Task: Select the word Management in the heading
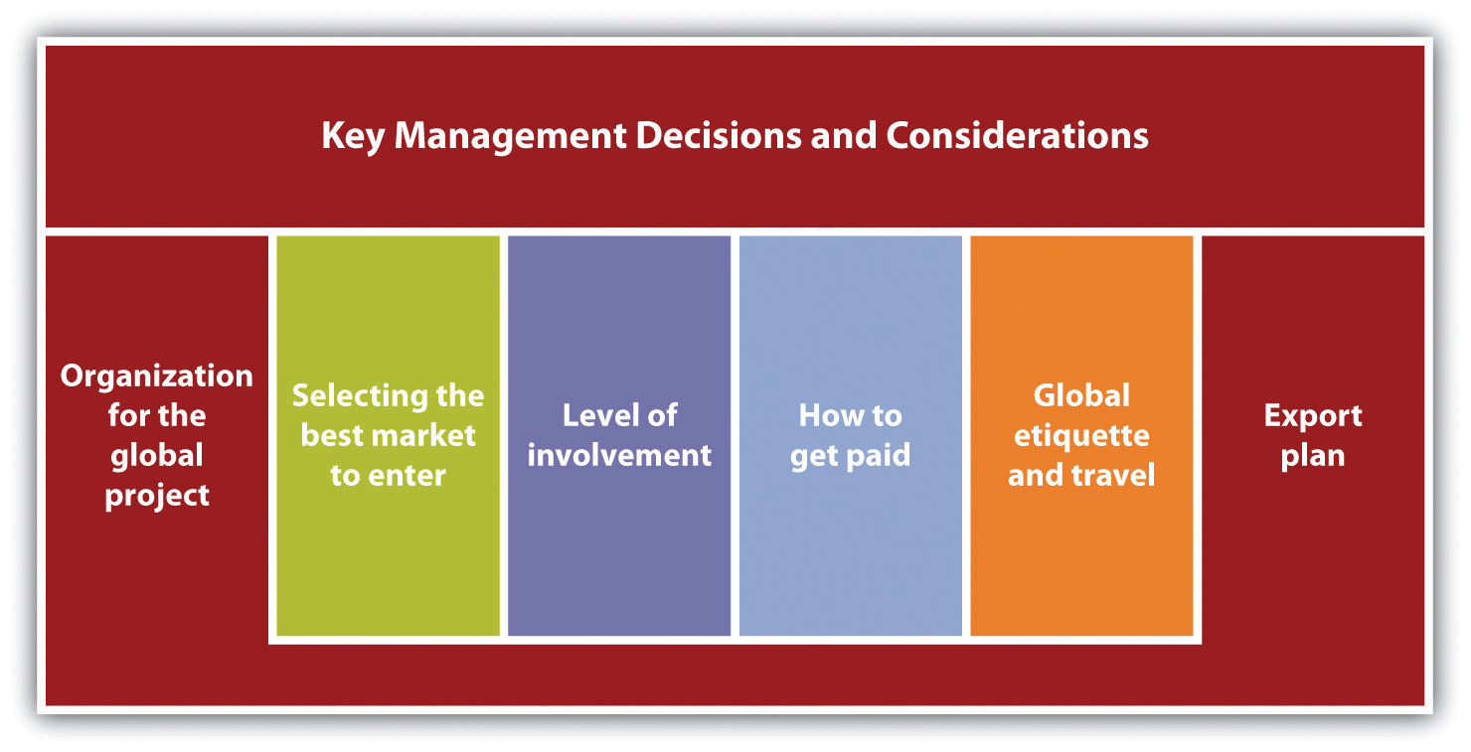click(x=510, y=136)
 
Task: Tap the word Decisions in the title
click(x=719, y=135)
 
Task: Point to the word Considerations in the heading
click(x=1017, y=135)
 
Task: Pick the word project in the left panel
click(x=157, y=496)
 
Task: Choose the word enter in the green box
click(x=408, y=476)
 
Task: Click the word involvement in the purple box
click(x=619, y=455)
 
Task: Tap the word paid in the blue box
click(x=878, y=455)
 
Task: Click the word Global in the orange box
click(x=1081, y=395)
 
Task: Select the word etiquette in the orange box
click(x=1081, y=436)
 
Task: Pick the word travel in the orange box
click(x=1113, y=475)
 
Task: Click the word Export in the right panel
click(x=1313, y=416)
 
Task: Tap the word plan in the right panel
click(x=1313, y=456)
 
